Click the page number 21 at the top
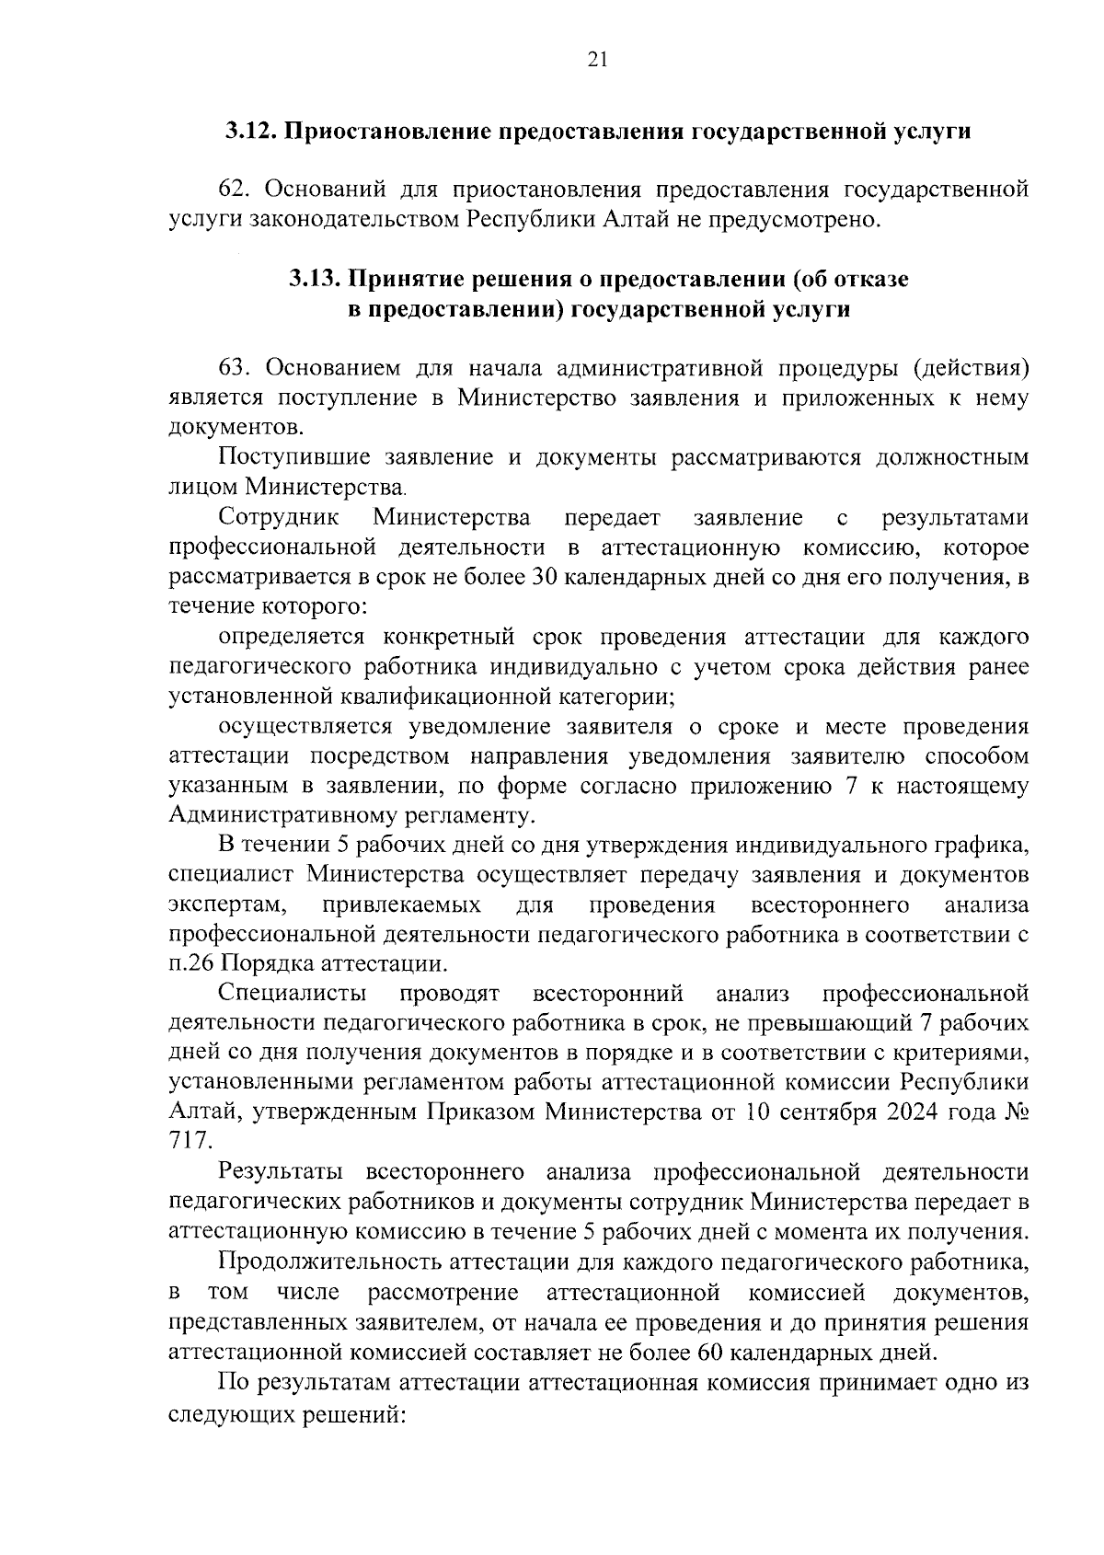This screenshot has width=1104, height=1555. click(x=596, y=60)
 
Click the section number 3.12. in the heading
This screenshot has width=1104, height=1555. click(x=250, y=131)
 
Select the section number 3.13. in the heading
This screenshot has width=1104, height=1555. click(x=316, y=279)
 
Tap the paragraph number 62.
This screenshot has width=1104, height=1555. click(x=235, y=190)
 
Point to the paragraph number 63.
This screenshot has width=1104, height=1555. click(x=235, y=368)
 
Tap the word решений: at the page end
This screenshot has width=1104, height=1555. click(x=355, y=1412)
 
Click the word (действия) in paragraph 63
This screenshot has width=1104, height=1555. click(x=971, y=368)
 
